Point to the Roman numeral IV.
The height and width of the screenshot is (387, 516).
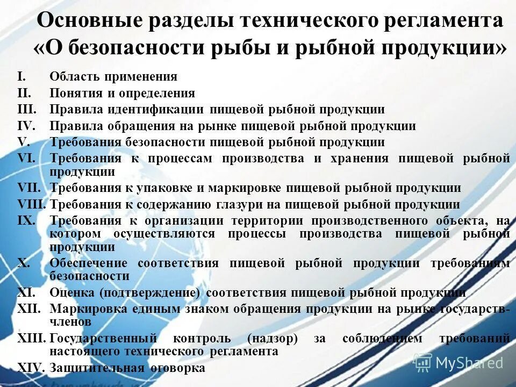25,126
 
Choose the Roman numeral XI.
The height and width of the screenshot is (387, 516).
26,293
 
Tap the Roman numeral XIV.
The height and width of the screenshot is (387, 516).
30,368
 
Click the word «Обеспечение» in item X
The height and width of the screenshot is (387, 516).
89,263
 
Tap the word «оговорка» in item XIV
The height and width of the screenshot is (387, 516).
177,368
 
